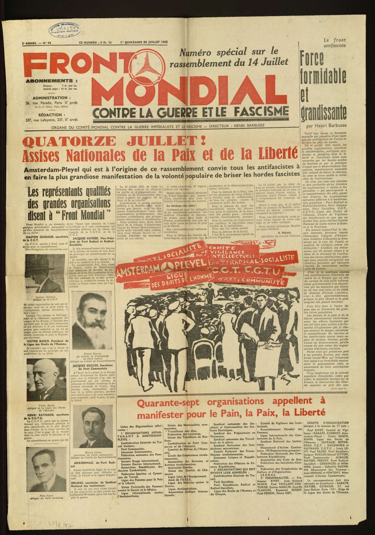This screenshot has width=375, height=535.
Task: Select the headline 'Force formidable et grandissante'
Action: [x=323, y=86]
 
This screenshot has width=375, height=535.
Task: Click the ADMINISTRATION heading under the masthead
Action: [x=50, y=98]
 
